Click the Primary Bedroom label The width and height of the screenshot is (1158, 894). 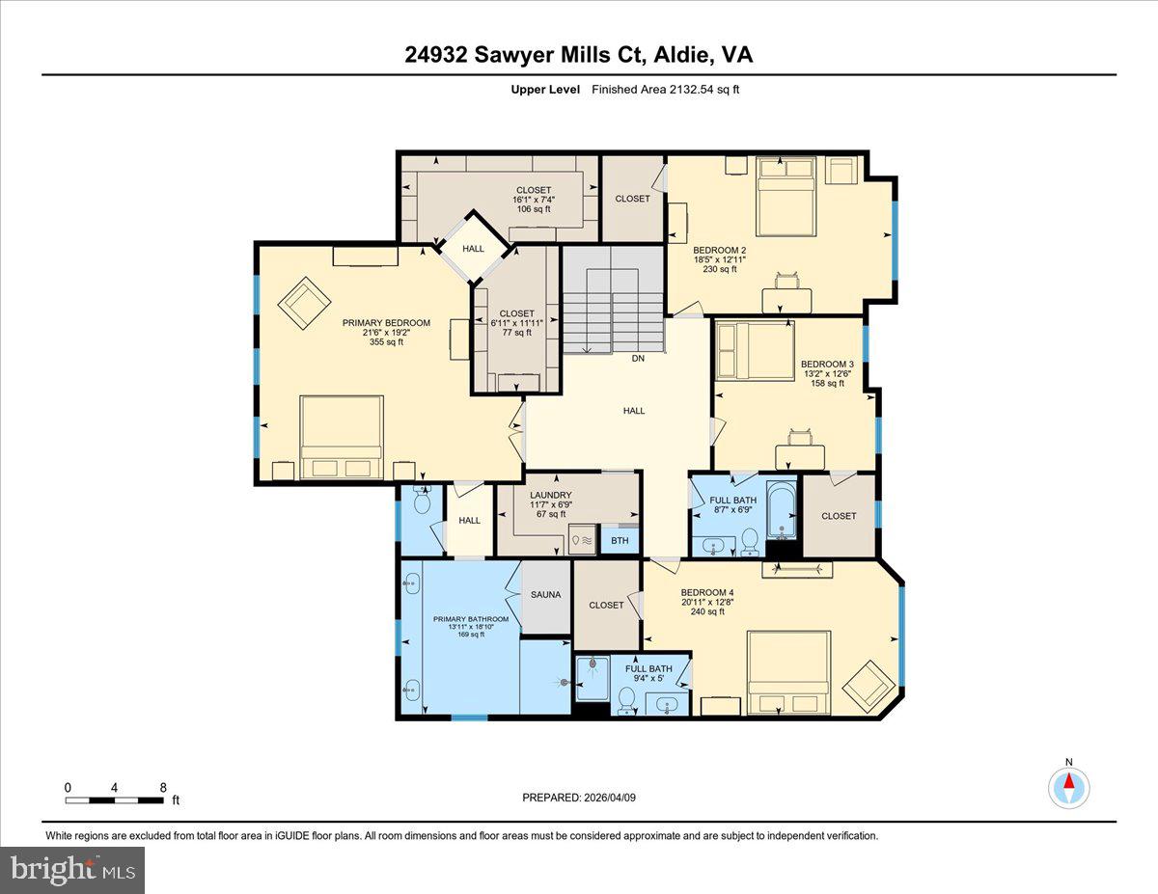(x=386, y=323)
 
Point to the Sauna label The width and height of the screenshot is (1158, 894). (x=545, y=595)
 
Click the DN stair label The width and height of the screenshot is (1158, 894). (x=637, y=359)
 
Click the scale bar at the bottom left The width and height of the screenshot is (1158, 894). (x=115, y=799)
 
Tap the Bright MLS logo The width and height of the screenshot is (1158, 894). (x=72, y=870)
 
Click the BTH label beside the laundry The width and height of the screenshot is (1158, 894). (x=620, y=541)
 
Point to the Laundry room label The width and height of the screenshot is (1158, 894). (x=550, y=496)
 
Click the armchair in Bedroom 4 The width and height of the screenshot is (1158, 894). (x=868, y=685)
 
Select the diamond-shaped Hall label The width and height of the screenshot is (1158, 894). (x=473, y=249)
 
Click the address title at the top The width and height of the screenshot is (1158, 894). (x=579, y=55)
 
